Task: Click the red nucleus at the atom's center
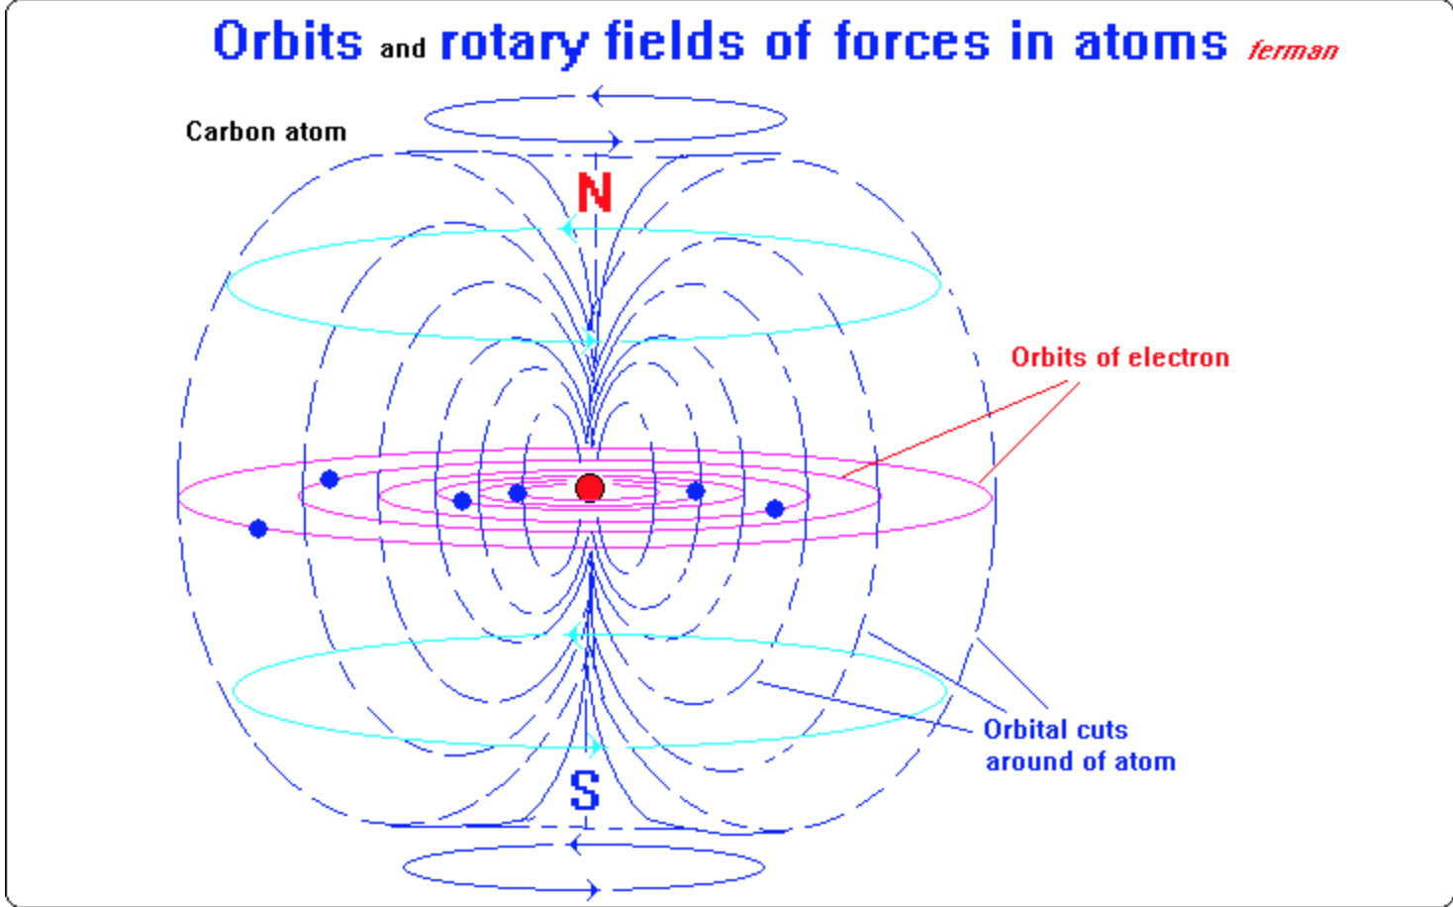(x=590, y=487)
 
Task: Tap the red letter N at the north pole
(x=595, y=193)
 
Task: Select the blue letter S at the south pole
(x=585, y=790)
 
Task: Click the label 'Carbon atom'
(x=266, y=132)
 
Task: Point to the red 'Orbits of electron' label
(x=1119, y=357)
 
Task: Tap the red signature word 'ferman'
(x=1293, y=50)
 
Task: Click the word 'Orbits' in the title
(x=288, y=43)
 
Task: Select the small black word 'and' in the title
(x=403, y=49)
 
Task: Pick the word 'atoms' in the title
(x=1150, y=43)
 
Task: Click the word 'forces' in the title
(x=911, y=43)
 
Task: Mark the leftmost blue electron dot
(x=258, y=529)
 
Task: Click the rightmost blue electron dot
(x=775, y=509)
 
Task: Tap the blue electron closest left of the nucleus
(x=517, y=493)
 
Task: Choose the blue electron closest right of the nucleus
(x=696, y=491)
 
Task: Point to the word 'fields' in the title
(x=674, y=43)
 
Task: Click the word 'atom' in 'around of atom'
(x=1145, y=761)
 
